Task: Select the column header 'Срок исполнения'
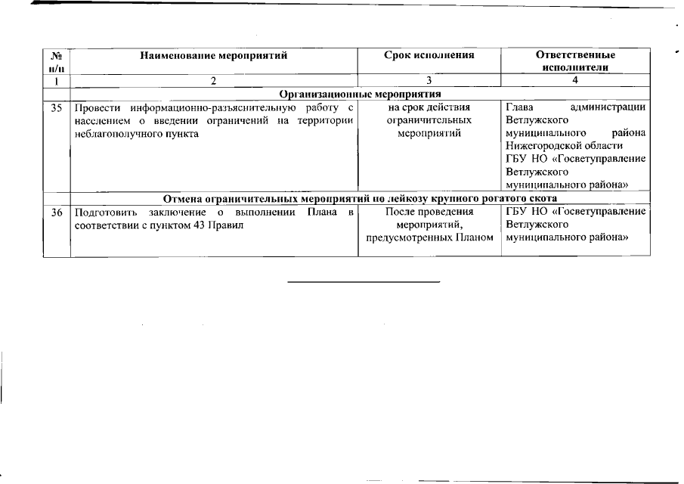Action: click(x=429, y=55)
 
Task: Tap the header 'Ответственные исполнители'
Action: click(x=575, y=60)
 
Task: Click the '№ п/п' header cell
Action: click(x=56, y=61)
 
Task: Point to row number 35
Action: click(x=56, y=108)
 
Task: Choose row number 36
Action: click(x=56, y=212)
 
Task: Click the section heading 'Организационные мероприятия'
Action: click(x=360, y=94)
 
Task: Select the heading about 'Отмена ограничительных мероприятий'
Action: click(x=360, y=198)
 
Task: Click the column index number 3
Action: click(x=429, y=80)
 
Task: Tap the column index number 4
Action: click(x=575, y=80)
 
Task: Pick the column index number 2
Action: click(x=215, y=80)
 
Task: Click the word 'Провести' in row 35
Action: click(x=94, y=108)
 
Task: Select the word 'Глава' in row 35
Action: click(x=519, y=107)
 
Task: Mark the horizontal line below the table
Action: click(x=364, y=281)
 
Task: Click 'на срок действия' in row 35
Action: click(x=429, y=107)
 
